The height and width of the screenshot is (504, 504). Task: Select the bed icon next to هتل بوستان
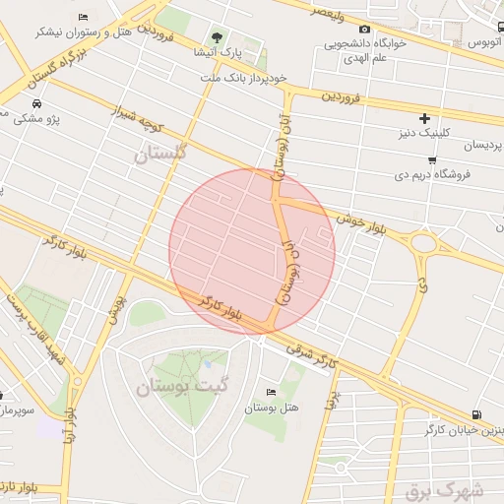(x=272, y=392)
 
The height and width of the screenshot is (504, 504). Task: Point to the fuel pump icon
(x=476, y=415)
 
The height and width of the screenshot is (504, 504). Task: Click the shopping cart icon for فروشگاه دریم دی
(x=431, y=159)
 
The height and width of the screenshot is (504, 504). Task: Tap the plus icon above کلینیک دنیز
(x=425, y=117)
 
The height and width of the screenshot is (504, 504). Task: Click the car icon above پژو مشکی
(x=36, y=103)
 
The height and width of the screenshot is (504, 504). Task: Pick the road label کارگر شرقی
(x=312, y=356)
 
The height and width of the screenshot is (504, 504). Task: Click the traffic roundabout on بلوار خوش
(x=425, y=242)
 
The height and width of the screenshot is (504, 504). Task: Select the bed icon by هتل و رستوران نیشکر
(x=83, y=18)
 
